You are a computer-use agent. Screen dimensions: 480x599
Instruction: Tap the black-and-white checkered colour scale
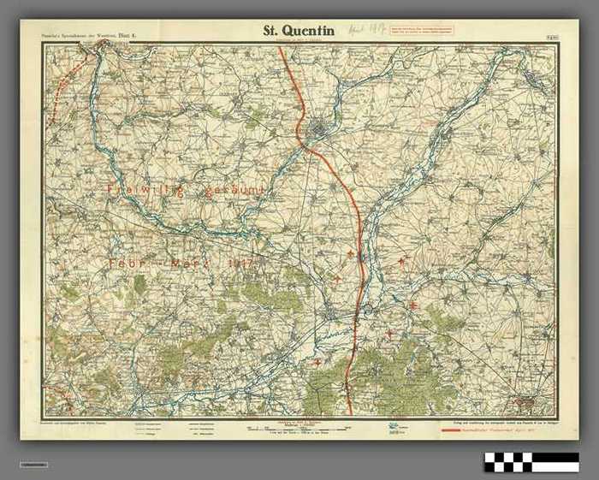(531, 462)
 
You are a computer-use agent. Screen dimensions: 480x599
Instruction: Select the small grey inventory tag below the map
(35, 465)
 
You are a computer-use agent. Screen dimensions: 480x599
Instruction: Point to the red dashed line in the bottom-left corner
(56, 394)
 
